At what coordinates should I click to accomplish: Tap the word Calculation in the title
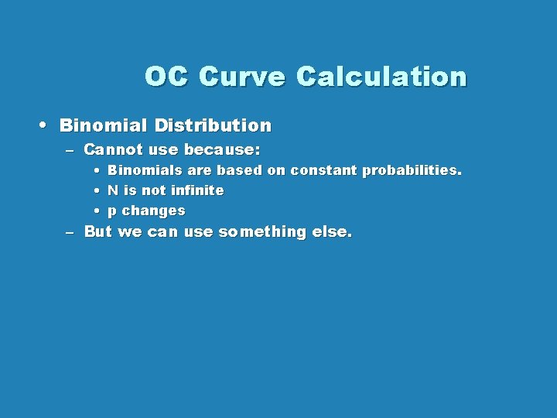click(381, 77)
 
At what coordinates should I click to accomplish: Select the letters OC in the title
click(167, 77)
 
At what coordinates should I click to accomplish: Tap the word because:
click(222, 149)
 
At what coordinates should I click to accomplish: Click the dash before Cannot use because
click(70, 149)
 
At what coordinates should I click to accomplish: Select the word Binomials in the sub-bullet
click(145, 170)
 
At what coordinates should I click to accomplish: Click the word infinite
click(197, 190)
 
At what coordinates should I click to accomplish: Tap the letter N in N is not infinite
click(113, 190)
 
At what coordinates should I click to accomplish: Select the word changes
click(154, 211)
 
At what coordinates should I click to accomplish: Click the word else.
click(331, 231)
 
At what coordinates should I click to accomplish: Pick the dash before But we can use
click(70, 232)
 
